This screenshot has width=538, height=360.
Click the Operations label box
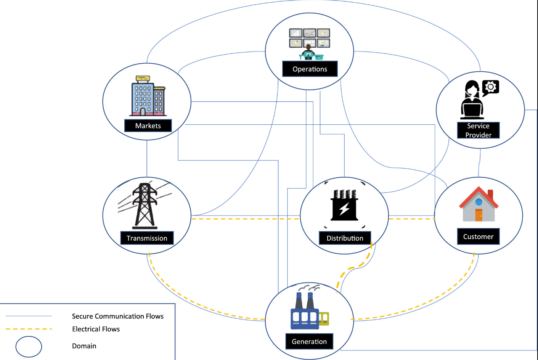point(310,69)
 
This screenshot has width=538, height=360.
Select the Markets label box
point(148,125)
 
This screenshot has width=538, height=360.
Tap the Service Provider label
point(478,130)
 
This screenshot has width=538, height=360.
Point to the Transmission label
point(147,238)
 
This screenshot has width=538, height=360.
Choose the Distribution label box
point(345,238)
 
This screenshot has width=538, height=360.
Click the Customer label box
point(478,236)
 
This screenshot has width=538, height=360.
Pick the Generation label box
point(309,341)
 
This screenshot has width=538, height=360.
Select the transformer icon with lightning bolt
point(345,206)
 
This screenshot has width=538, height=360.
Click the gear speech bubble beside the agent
point(490,87)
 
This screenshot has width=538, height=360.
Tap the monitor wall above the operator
point(309,38)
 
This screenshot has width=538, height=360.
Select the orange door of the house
point(479,215)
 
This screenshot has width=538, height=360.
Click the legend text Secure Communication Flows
point(117,316)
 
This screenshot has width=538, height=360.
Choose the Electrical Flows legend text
point(96,329)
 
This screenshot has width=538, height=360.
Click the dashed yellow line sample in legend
point(29,329)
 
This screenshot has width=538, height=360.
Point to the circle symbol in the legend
point(29,347)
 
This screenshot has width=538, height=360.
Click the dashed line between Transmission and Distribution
point(244,219)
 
